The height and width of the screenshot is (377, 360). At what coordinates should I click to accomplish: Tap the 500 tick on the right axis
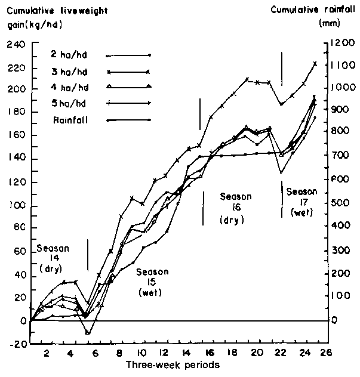click(340, 203)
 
